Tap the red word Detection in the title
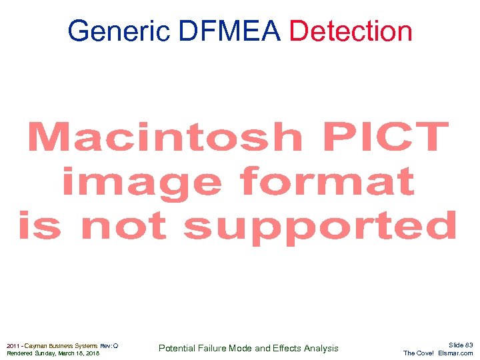point(352,31)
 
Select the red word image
point(141,181)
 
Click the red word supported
point(320,227)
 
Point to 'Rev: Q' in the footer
point(109,345)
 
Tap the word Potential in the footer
point(177,348)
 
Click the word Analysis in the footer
point(321,348)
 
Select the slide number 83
point(469,345)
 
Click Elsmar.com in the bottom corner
point(456,353)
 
